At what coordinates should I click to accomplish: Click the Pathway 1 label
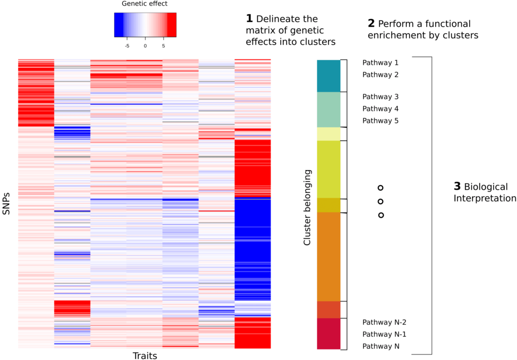(x=380, y=63)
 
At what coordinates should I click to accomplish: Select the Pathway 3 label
(x=380, y=96)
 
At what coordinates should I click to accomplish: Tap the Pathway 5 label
(x=380, y=121)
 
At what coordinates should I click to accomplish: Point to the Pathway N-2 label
(x=384, y=322)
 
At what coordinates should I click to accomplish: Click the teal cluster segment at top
(x=328, y=76)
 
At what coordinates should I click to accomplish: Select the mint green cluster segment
(x=328, y=109)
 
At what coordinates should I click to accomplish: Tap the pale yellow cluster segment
(x=328, y=134)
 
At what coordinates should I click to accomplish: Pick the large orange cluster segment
(x=328, y=256)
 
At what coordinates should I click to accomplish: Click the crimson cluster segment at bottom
(x=328, y=333)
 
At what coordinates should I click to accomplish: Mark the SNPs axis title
(x=7, y=202)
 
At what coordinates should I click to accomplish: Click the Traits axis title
(x=144, y=356)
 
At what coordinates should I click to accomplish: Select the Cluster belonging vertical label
(x=307, y=208)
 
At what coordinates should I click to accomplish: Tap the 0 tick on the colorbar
(x=145, y=45)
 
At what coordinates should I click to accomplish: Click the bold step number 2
(x=371, y=24)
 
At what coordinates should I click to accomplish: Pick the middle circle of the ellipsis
(x=381, y=201)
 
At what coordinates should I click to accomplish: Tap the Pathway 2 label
(x=380, y=75)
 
